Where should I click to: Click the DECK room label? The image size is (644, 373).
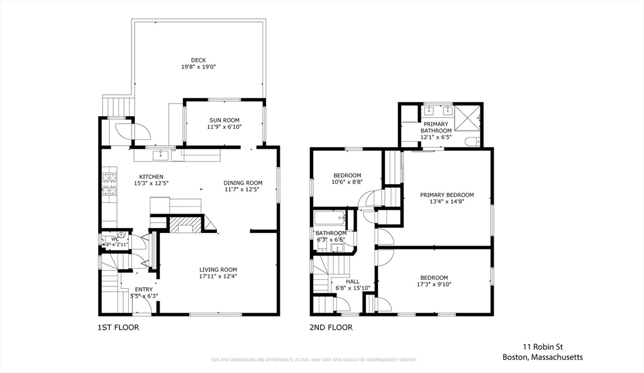pos(198,60)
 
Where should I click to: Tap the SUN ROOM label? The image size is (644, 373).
pos(224,120)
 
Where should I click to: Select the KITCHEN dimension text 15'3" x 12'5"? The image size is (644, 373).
pos(151,183)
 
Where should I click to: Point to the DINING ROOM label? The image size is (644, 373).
pos(243,183)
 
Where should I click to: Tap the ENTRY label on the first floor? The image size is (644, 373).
pos(143,289)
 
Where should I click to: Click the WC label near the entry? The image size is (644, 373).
pos(114,239)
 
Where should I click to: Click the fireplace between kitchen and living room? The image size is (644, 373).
pos(186,225)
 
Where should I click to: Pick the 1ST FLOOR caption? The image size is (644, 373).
pos(118,327)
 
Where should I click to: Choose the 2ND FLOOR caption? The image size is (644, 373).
pos(331,327)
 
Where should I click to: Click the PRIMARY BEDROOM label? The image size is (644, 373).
pos(447,195)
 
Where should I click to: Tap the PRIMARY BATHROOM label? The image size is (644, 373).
pos(436,127)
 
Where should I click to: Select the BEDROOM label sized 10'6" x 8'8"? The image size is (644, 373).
pos(347,175)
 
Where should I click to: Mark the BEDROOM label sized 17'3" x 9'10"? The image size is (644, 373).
pos(434,278)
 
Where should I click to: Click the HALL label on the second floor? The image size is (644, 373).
pos(352,281)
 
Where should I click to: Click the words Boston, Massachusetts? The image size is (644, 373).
pos(542,357)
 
